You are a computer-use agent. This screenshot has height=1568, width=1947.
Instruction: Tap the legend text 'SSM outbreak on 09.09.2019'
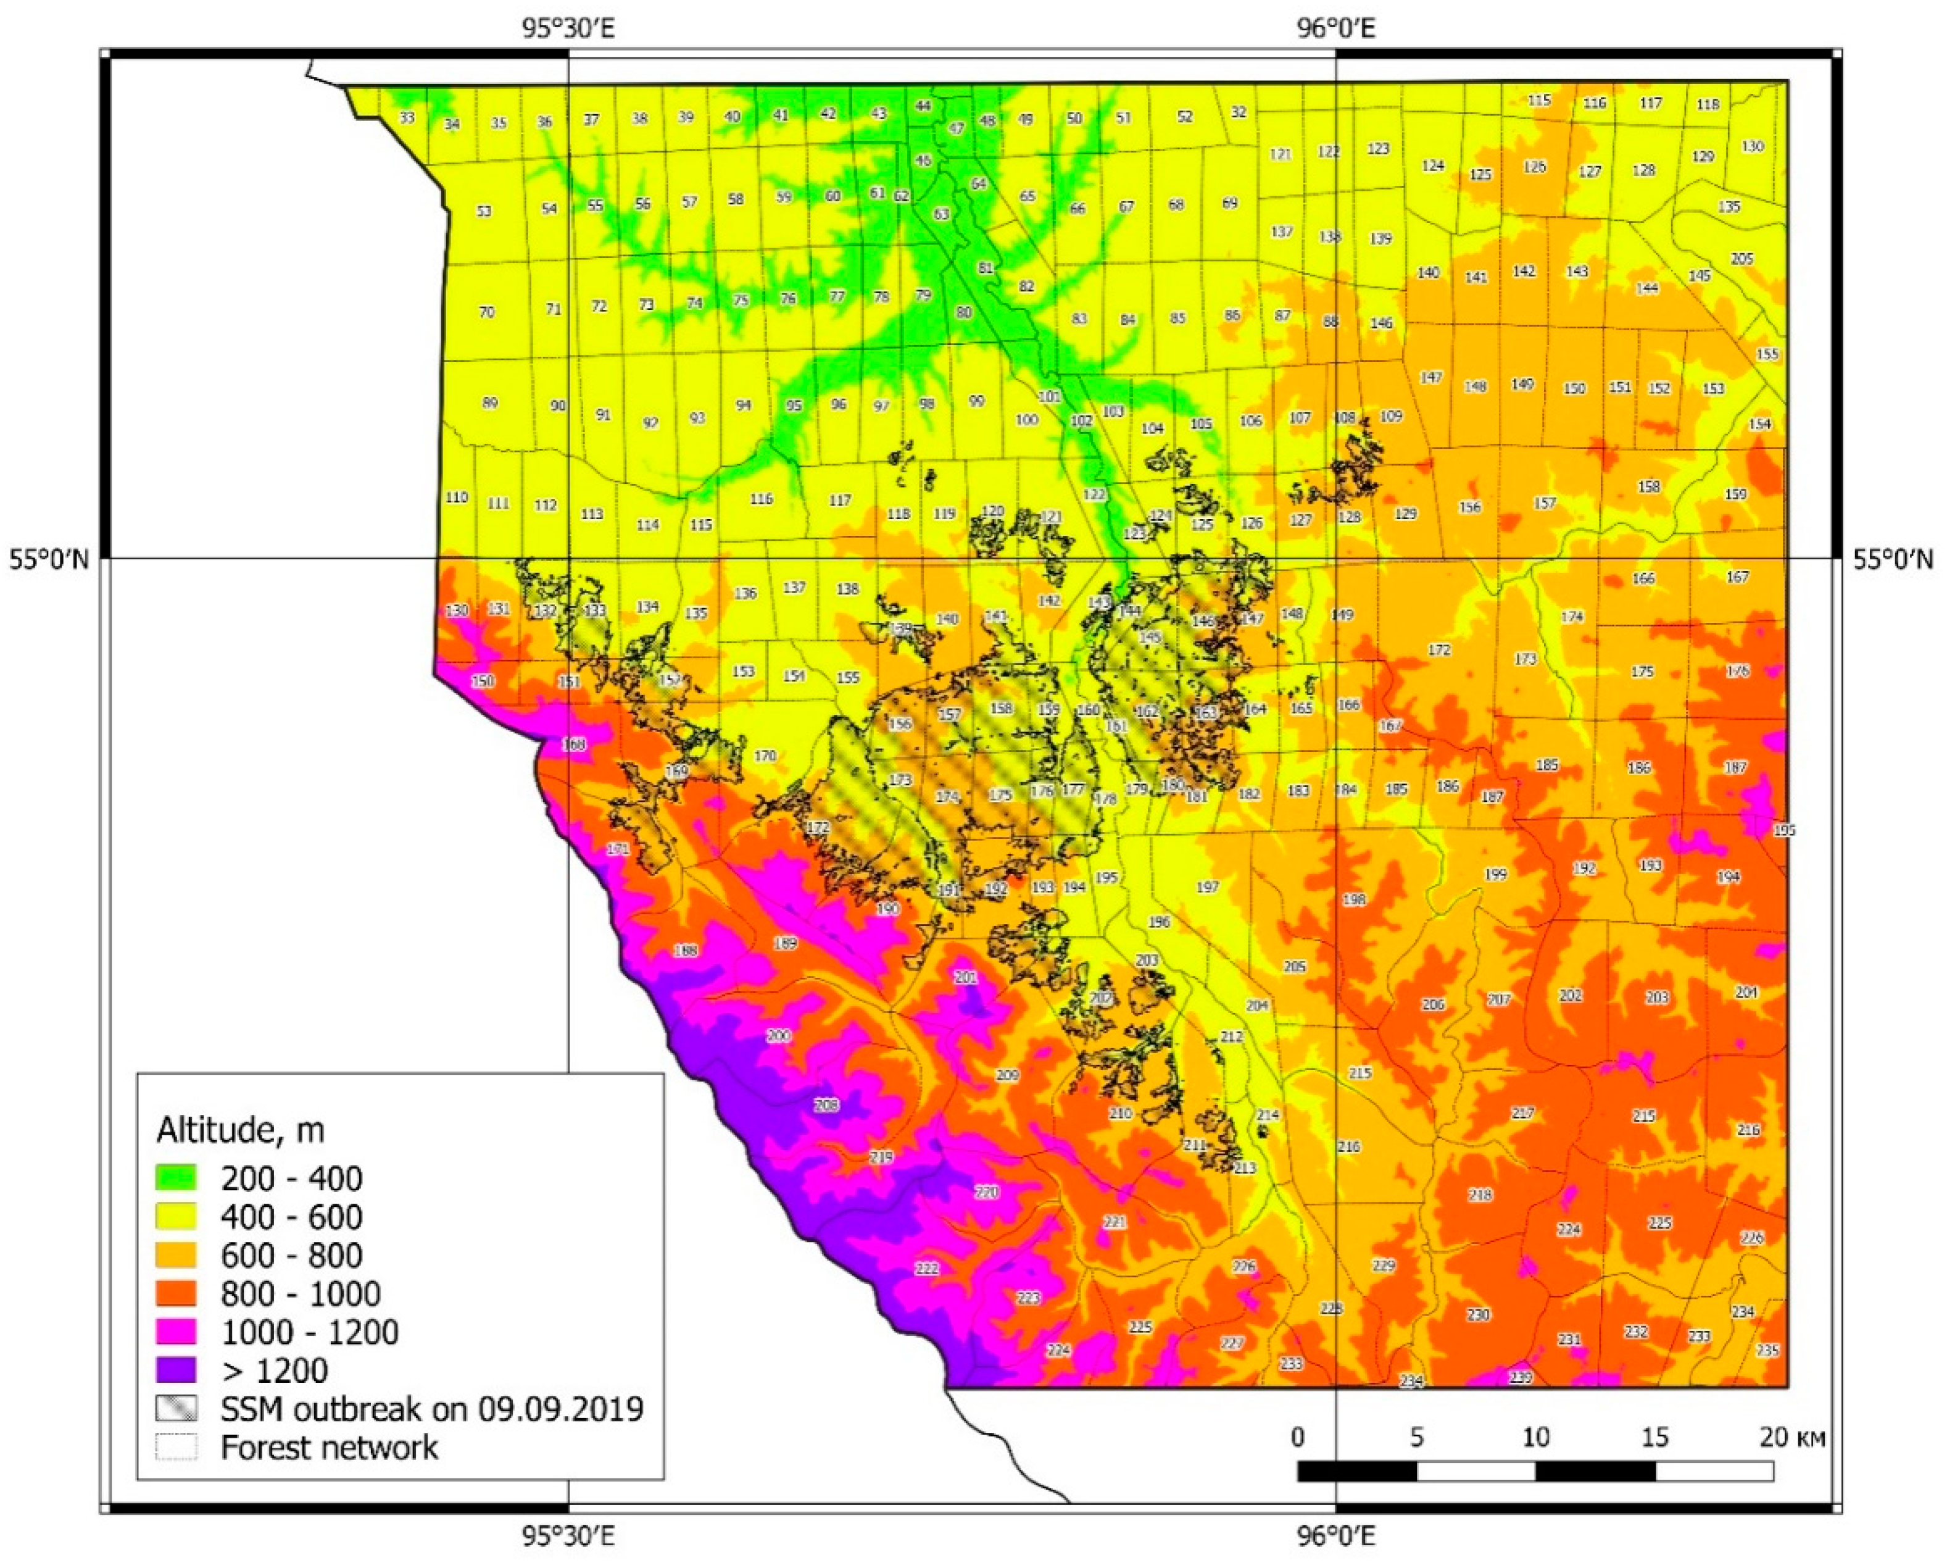click(x=431, y=1409)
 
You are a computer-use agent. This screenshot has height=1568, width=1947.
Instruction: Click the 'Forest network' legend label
click(x=329, y=1448)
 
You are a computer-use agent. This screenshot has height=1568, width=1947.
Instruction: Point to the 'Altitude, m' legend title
click(x=240, y=1130)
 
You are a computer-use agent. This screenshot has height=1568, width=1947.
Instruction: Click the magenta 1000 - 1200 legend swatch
click(x=176, y=1332)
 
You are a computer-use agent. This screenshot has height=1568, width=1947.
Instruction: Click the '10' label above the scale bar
click(x=1535, y=1437)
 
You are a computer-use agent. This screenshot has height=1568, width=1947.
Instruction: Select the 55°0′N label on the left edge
click(x=49, y=560)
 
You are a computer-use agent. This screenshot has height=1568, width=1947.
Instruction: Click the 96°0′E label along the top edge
click(x=1335, y=29)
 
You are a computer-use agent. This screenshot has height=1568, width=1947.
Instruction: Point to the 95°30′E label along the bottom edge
click(x=568, y=1537)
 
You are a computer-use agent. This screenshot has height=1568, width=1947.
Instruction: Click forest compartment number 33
click(x=407, y=119)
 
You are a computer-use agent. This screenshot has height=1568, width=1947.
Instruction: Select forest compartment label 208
click(x=826, y=1104)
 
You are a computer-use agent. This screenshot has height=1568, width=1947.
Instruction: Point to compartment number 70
click(x=487, y=312)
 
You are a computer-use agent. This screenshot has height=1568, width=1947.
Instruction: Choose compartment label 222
click(x=926, y=1269)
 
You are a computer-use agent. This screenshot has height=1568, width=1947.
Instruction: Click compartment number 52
click(x=1185, y=117)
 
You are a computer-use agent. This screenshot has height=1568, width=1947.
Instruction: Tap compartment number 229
click(x=1384, y=1266)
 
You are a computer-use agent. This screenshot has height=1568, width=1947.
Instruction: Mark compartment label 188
click(x=686, y=950)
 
